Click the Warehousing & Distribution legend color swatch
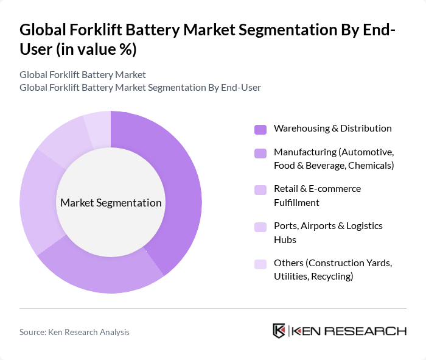tap(260, 129)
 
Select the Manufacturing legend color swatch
tap(260, 153)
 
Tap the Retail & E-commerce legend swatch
tap(260, 189)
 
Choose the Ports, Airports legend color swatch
tap(260, 227)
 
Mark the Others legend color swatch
tap(260, 264)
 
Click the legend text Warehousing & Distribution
tap(332, 129)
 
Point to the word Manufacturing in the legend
tap(305, 152)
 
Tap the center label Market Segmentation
tap(111, 203)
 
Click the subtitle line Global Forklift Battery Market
tap(83, 74)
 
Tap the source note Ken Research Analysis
tap(74, 332)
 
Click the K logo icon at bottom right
tap(279, 331)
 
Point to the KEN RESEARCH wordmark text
tap(349, 331)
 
